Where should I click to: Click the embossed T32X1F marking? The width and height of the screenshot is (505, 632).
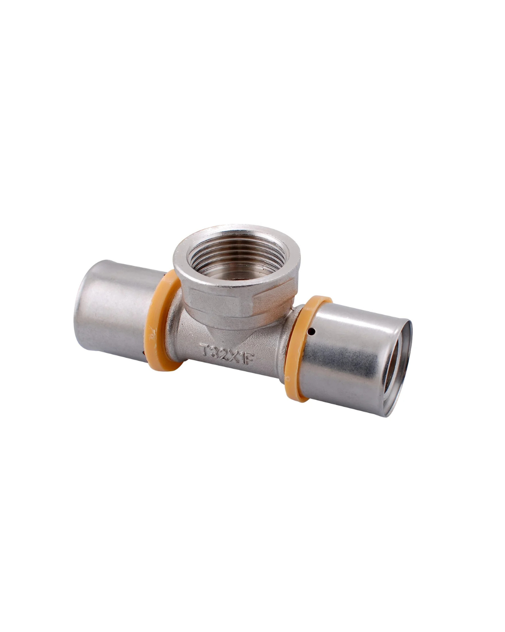[x=226, y=353]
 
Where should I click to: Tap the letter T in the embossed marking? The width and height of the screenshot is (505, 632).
[x=204, y=349]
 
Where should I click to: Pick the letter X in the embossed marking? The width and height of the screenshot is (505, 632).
[x=232, y=355]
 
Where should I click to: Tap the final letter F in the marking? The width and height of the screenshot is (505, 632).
[x=249, y=359]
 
